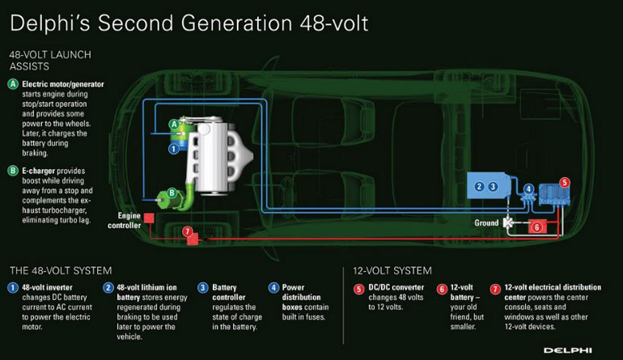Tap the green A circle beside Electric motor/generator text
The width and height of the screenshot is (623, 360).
tap(13, 84)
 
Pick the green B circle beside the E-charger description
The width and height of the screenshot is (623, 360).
tap(13, 171)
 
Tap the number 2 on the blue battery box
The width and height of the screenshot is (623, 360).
tap(480, 186)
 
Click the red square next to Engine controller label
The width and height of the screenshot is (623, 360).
tap(148, 217)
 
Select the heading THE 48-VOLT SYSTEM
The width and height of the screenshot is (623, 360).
tap(60, 270)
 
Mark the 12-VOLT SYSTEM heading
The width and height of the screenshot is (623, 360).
tap(393, 270)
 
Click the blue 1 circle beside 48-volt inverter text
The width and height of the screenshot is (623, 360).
tap(12, 288)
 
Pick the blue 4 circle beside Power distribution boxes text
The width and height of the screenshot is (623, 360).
tap(273, 288)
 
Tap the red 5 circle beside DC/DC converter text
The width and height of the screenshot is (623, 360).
tap(359, 288)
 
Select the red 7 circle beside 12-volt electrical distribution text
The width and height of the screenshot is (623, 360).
tap(495, 288)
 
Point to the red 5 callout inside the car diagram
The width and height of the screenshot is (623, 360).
tap(565, 183)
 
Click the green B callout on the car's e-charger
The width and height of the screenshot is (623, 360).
tap(172, 193)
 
